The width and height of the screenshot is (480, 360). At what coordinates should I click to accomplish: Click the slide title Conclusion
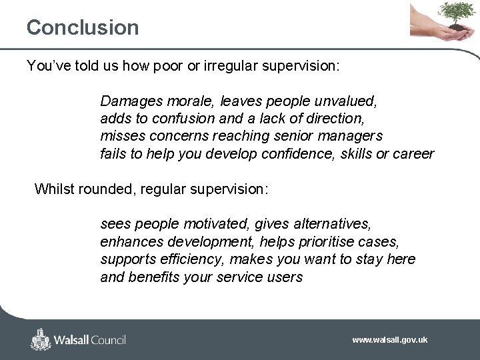click(x=83, y=27)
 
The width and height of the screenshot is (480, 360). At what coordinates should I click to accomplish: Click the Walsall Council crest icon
click(x=41, y=339)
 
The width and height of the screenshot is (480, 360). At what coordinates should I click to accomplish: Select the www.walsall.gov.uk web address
click(x=389, y=340)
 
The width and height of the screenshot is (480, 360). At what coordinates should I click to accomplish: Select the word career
click(x=413, y=154)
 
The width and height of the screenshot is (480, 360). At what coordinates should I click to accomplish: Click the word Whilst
click(x=54, y=189)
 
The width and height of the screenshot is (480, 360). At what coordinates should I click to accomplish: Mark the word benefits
click(x=152, y=277)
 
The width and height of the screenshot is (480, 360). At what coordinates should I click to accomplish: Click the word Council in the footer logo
click(x=105, y=340)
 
